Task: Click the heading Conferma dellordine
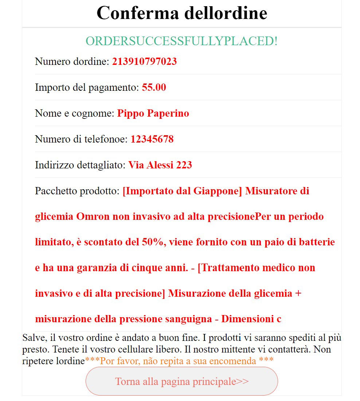(x=181, y=13)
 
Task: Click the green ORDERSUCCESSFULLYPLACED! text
(x=181, y=41)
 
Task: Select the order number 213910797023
(x=144, y=62)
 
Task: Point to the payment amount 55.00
(x=154, y=87)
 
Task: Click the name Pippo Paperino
(x=153, y=113)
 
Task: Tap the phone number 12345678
(x=152, y=139)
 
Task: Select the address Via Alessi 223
(x=160, y=165)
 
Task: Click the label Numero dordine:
(x=72, y=62)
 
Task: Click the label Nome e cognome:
(x=75, y=113)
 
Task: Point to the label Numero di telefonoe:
(x=82, y=139)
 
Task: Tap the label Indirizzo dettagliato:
(x=81, y=165)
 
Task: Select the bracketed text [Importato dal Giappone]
(x=182, y=191)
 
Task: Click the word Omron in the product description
(x=93, y=217)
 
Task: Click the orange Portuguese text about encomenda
(x=179, y=361)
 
